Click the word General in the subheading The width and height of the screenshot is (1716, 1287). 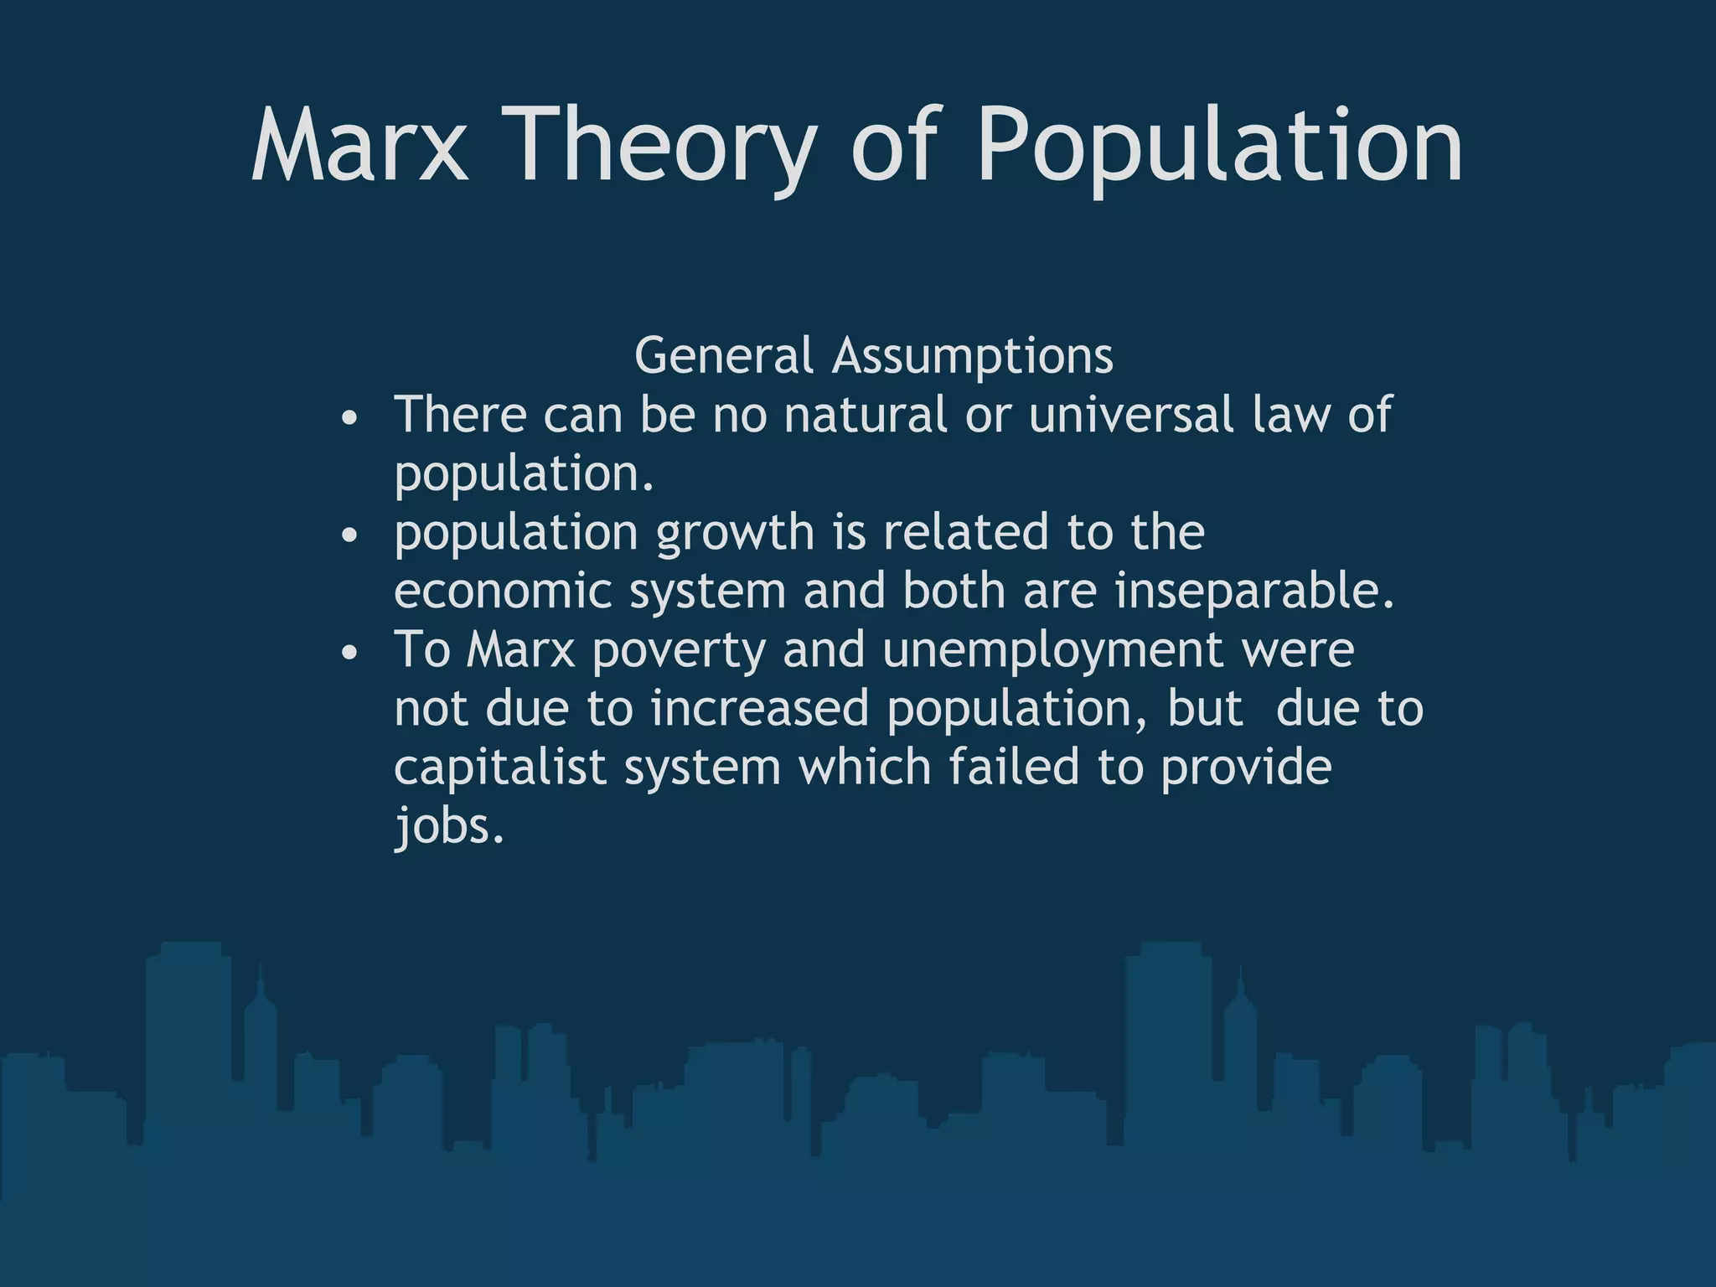(x=723, y=355)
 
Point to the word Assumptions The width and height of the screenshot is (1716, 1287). (x=972, y=355)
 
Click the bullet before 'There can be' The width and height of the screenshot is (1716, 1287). (x=350, y=417)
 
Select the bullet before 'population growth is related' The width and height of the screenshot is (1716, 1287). (x=350, y=535)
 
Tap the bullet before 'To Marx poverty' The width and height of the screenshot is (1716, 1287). (x=350, y=652)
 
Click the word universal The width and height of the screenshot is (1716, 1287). (x=1131, y=414)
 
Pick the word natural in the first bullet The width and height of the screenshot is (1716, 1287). (x=865, y=414)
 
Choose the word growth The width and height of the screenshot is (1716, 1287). (x=735, y=533)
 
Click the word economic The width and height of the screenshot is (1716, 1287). (x=503, y=591)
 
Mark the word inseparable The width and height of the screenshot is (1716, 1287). (x=1254, y=591)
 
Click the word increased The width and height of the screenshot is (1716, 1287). (x=759, y=708)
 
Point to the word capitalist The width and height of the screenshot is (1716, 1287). (x=499, y=767)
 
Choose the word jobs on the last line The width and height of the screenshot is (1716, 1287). (x=449, y=826)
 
